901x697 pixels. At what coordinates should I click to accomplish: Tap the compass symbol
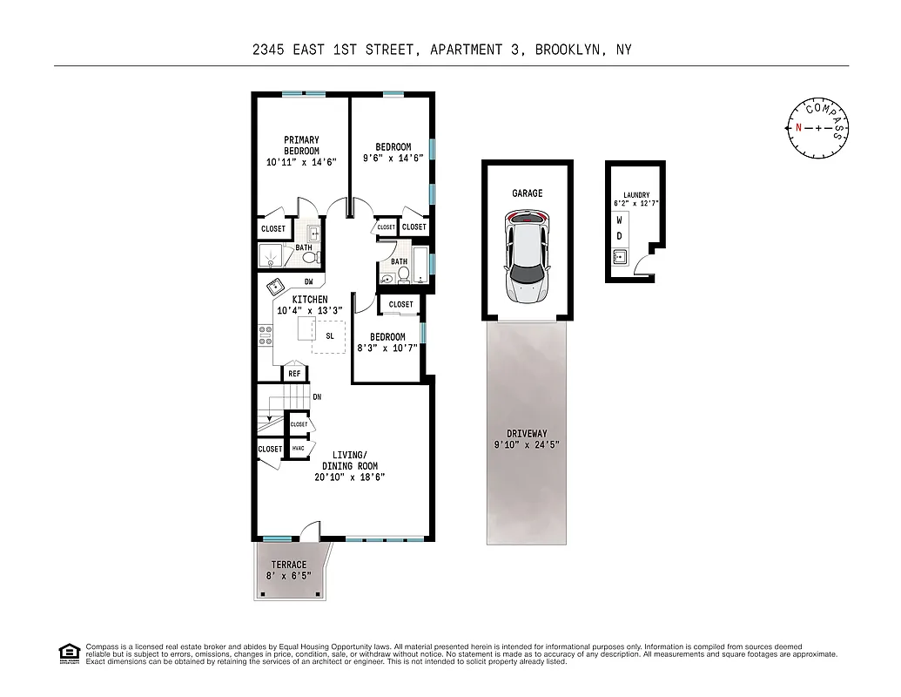(817, 128)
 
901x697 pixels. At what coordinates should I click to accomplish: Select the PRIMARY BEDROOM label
(301, 145)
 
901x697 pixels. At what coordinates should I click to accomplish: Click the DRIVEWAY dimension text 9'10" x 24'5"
(528, 444)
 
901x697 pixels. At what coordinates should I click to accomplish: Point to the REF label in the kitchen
(294, 374)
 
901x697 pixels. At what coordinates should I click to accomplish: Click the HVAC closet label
(299, 449)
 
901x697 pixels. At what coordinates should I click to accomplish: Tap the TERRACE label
(288, 565)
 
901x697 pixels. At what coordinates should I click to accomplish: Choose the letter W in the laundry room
(620, 220)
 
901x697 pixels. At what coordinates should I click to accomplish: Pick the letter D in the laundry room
(620, 236)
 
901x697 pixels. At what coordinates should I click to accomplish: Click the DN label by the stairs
(317, 397)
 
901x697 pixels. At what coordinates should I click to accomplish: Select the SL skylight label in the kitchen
(330, 335)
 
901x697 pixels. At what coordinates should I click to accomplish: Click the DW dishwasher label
(308, 281)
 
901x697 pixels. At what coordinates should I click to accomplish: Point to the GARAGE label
(527, 193)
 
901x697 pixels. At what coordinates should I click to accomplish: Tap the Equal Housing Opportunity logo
(67, 653)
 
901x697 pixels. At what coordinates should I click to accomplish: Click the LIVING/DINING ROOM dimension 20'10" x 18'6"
(349, 477)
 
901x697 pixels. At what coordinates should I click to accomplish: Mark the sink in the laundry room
(620, 256)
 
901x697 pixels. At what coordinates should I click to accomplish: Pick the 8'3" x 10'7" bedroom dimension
(387, 348)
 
